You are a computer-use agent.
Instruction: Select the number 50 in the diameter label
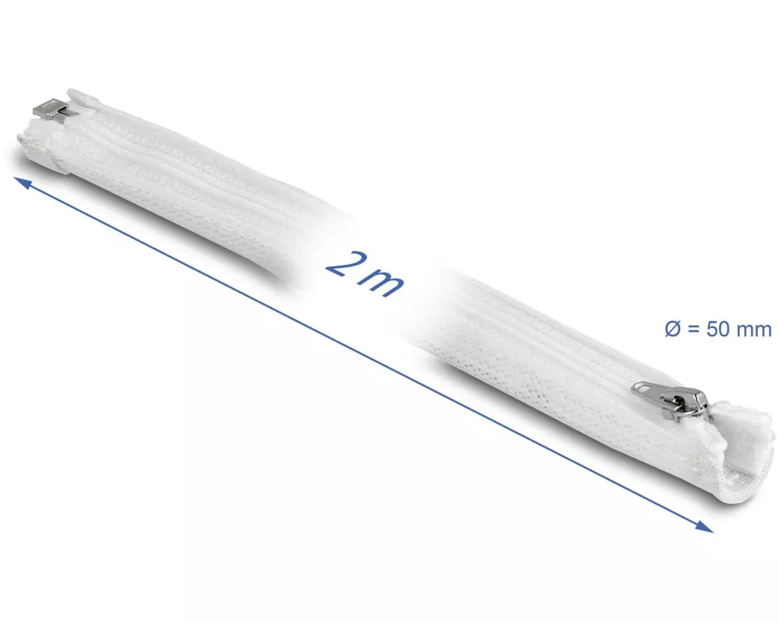coord(718,329)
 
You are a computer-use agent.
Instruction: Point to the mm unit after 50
coord(754,330)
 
